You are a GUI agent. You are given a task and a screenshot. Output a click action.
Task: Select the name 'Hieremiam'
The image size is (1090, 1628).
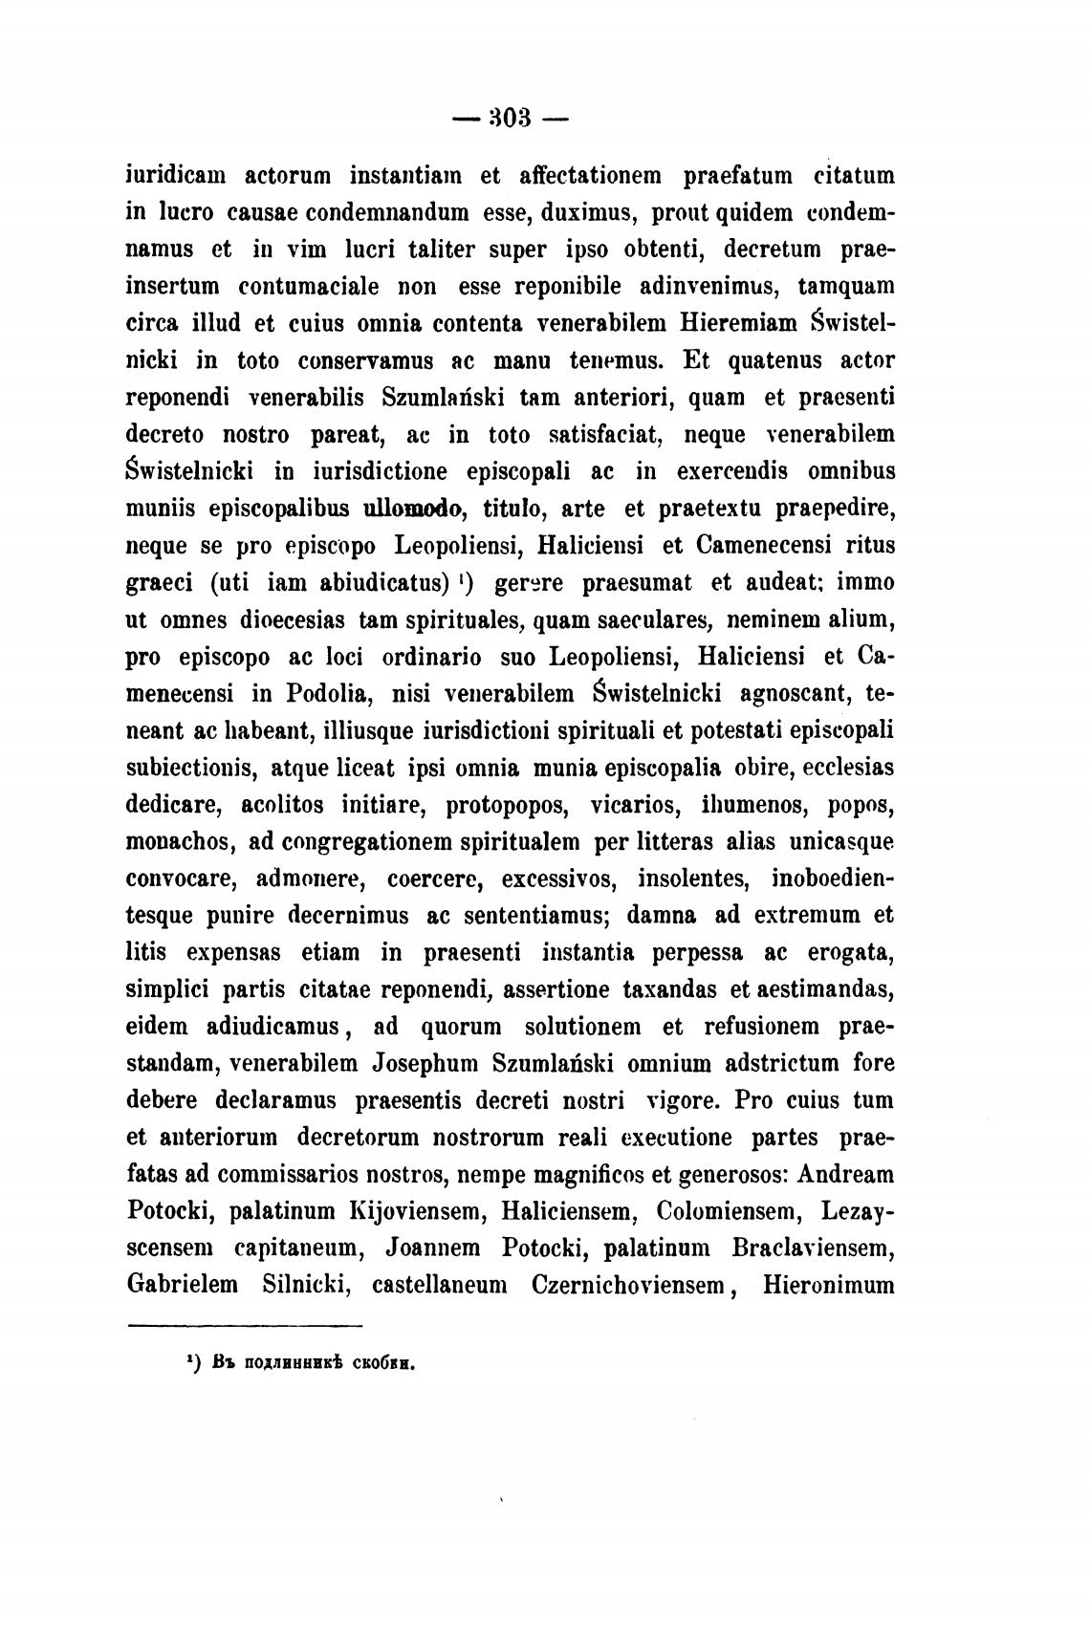(739, 323)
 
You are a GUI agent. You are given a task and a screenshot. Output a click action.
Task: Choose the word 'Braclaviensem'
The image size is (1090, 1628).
(812, 1248)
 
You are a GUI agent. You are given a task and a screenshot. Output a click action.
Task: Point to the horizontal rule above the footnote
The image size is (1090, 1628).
(245, 1326)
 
